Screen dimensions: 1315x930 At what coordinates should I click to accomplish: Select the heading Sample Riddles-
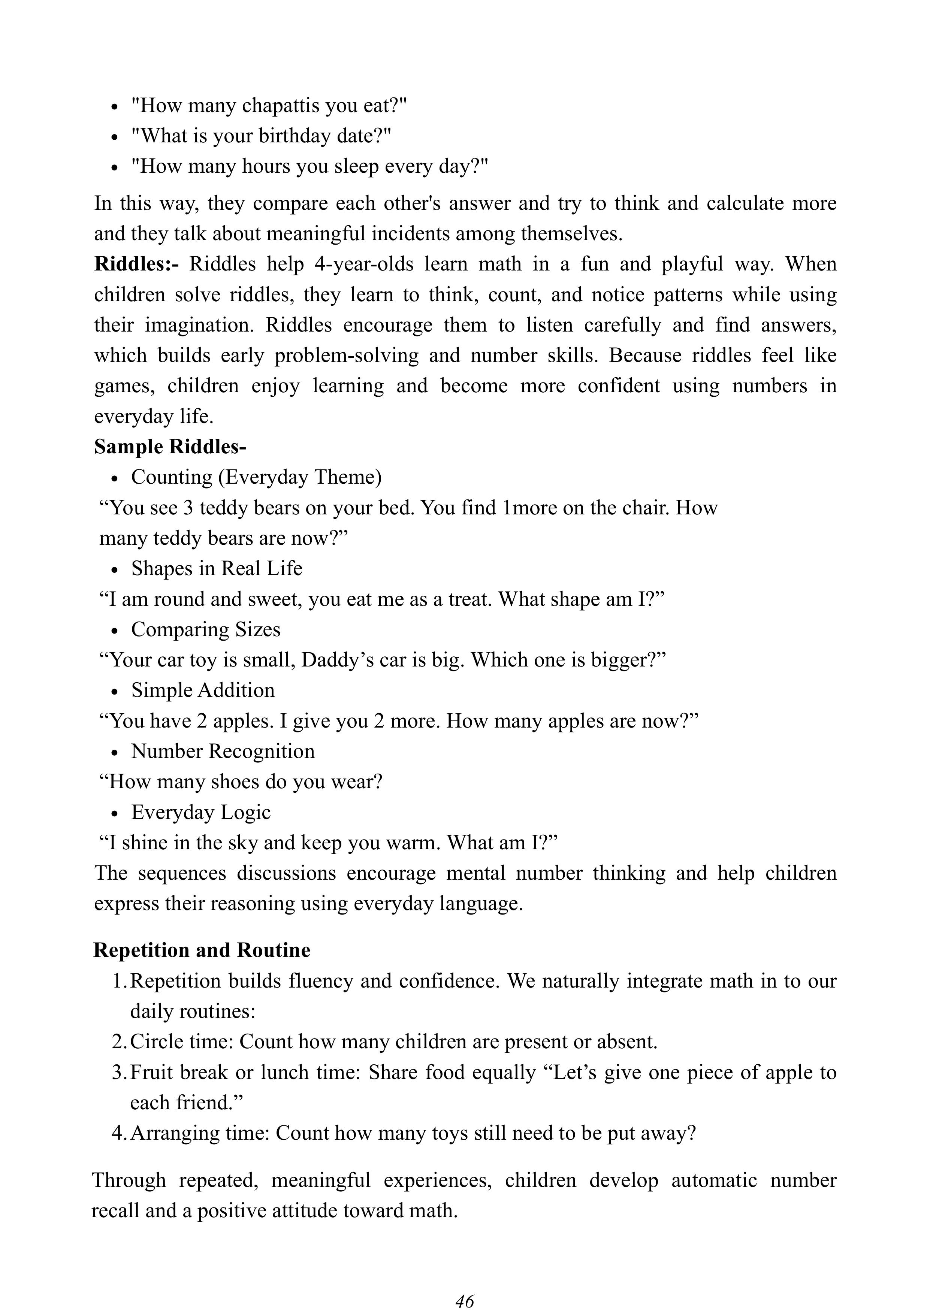(170, 447)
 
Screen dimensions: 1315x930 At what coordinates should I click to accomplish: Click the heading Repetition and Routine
(202, 950)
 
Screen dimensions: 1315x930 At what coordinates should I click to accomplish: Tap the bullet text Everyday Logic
(200, 812)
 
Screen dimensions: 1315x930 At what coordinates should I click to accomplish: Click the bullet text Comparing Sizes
(206, 629)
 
